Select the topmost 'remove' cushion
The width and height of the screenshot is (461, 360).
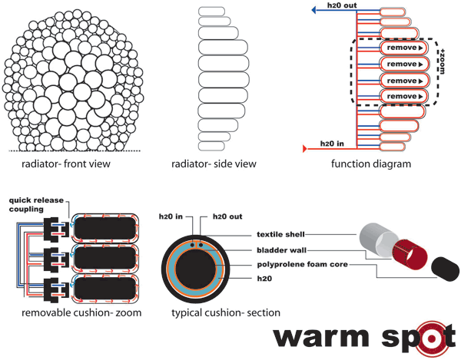coord(403,48)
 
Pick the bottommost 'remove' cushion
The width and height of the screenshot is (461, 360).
coord(403,96)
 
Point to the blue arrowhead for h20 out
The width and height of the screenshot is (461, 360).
coord(315,11)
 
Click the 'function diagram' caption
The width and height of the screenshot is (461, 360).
coord(372,163)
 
